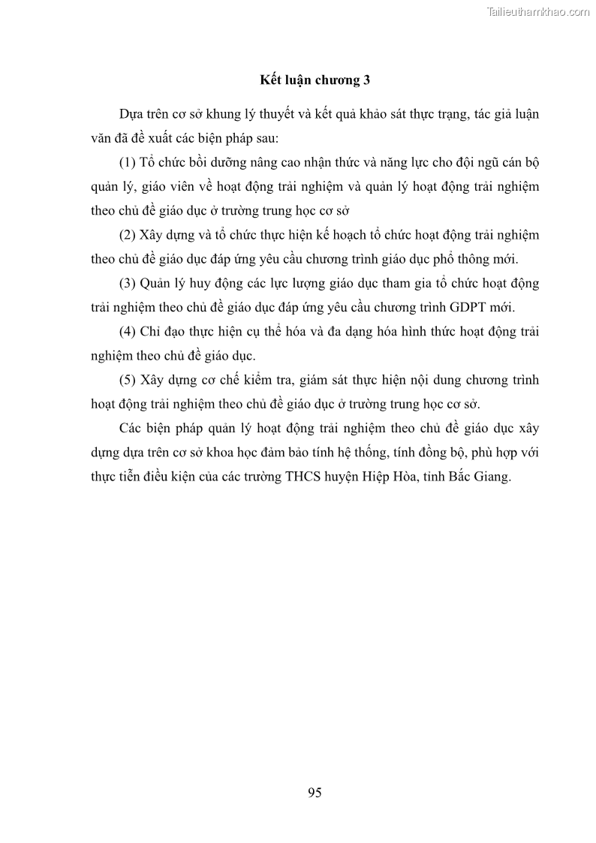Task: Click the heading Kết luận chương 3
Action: tap(315, 79)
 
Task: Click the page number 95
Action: tap(315, 793)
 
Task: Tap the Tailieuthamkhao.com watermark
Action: tap(538, 11)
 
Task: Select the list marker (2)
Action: tap(128, 235)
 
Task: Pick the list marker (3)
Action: tap(128, 284)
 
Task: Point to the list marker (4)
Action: tap(128, 332)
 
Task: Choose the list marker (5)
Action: tap(128, 381)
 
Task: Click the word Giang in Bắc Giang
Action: tap(492, 477)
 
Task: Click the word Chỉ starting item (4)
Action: tap(150, 332)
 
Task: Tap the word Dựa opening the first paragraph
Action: tap(131, 114)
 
